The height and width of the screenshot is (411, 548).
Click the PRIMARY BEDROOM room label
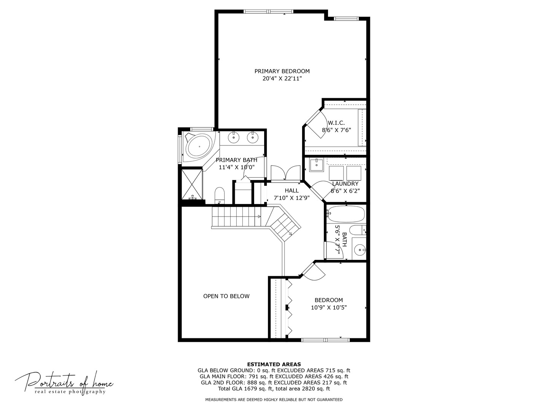click(x=282, y=71)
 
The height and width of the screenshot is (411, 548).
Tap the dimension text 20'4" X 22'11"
click(x=282, y=79)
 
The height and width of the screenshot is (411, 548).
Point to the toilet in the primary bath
click(x=220, y=195)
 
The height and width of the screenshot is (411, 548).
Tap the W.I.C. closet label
click(x=336, y=123)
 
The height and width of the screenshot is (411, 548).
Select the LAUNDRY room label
click(x=345, y=184)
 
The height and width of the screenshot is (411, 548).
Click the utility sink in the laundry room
click(x=315, y=165)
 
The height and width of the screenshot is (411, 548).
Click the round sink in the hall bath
click(x=360, y=250)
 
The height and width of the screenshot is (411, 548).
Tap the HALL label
click(x=292, y=191)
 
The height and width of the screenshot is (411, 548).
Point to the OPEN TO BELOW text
click(x=226, y=296)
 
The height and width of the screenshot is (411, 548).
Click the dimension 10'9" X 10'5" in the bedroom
click(x=328, y=307)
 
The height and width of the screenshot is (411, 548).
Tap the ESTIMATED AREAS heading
click(x=274, y=364)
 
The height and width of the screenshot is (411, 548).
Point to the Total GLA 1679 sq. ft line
click(x=274, y=389)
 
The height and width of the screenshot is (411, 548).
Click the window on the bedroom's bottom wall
click(x=325, y=339)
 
